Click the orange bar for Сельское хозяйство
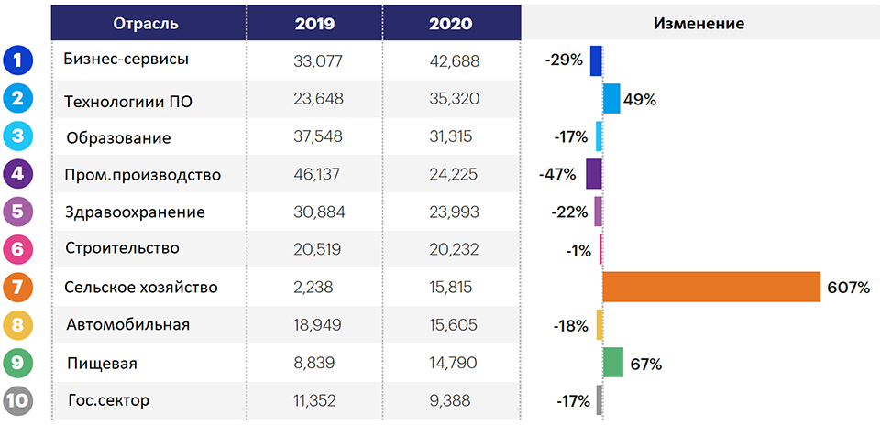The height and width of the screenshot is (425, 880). pos(711,287)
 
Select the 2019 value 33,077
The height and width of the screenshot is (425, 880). pos(318,60)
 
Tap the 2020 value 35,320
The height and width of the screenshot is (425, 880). pos(455,99)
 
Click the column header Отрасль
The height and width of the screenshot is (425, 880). pos(146,24)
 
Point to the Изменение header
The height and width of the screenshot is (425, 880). pos(699,24)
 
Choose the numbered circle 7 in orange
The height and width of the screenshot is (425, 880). pos(18,287)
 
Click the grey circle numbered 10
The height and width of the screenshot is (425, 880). pos(18,401)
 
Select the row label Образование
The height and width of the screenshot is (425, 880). pos(118,138)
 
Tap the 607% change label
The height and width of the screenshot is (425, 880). pos(848,289)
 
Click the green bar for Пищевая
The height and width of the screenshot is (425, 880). pos(613,362)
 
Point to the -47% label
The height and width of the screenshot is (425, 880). pos(556,174)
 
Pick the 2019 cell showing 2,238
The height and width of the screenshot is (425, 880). pos(313,287)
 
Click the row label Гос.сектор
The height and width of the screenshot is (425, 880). pos(109,401)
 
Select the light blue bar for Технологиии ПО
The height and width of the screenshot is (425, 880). pos(611,99)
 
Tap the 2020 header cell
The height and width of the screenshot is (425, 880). pos(451,24)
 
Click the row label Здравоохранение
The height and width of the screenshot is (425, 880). pos(135,213)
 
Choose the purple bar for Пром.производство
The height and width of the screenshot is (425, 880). pos(594,174)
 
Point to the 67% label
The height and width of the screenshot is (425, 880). pos(645,365)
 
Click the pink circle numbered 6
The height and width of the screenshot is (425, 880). pos(18,249)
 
